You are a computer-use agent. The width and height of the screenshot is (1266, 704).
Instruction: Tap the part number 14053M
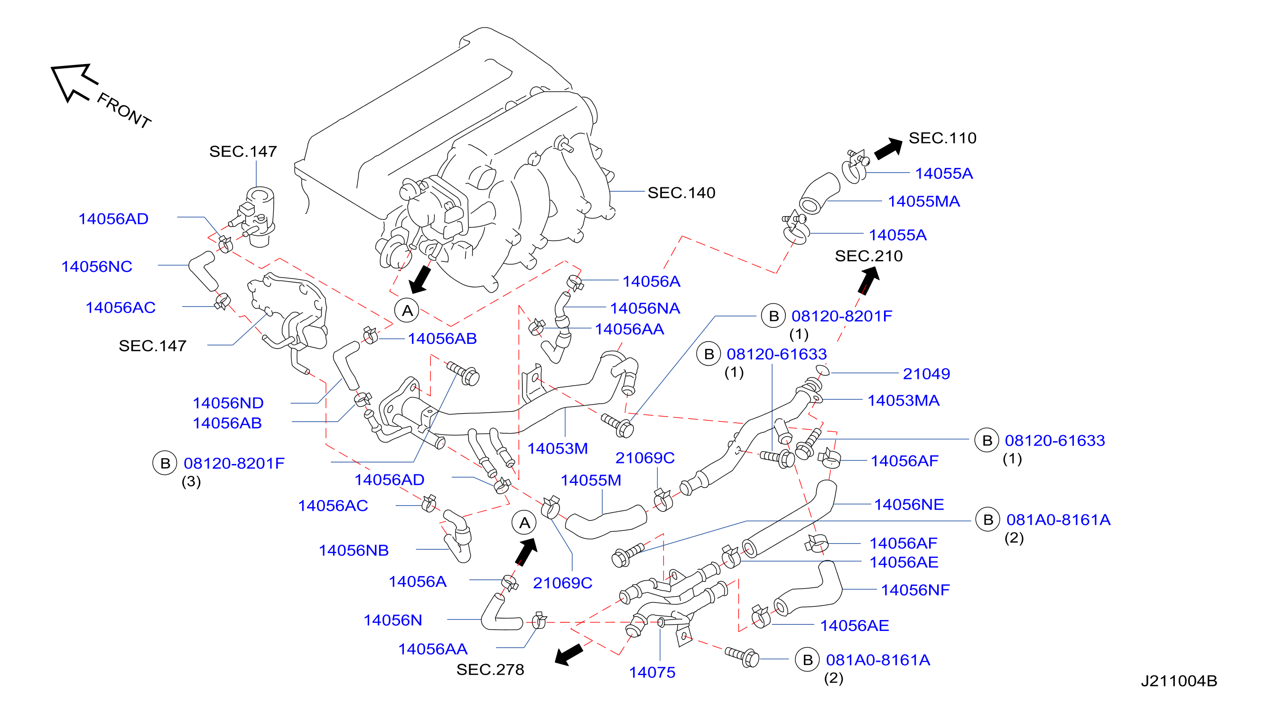(557, 448)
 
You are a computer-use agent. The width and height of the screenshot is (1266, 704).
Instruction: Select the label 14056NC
(97, 266)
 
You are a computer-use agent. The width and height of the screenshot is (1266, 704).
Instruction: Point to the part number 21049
(926, 374)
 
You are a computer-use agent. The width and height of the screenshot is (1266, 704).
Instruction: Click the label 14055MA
(924, 202)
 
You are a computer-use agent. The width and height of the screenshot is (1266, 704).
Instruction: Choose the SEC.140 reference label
(681, 193)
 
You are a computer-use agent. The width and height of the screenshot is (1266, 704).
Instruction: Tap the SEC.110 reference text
(942, 138)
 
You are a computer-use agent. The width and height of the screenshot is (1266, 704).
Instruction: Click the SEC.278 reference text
(490, 670)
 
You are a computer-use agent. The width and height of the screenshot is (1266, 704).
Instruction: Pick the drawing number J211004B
(1179, 681)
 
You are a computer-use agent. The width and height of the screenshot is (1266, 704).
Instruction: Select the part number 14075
(652, 672)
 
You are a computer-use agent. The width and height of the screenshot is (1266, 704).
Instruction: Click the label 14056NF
(915, 590)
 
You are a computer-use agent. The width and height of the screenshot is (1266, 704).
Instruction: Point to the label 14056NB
(354, 550)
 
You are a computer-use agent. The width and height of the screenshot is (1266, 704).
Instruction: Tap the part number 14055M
(591, 480)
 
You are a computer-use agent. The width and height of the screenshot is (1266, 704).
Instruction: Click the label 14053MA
(903, 400)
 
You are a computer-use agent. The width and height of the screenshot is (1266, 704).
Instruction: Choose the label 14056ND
(228, 403)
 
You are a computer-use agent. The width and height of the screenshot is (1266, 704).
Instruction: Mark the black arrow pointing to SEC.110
(888, 148)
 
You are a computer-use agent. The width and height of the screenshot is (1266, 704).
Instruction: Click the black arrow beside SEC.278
(568, 654)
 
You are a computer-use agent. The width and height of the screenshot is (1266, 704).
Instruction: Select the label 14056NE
(909, 505)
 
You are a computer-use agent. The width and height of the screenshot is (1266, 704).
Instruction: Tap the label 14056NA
(645, 308)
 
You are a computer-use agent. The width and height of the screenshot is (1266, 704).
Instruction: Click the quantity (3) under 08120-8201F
(191, 482)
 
